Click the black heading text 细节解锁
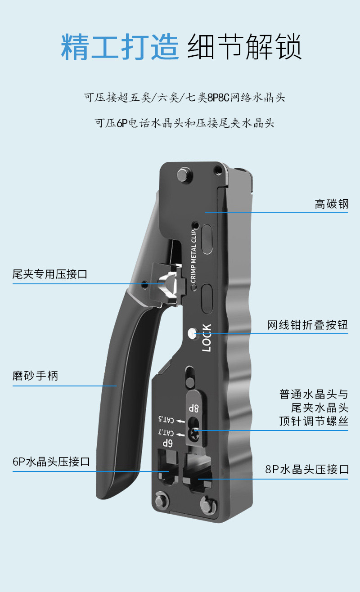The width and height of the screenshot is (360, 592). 243,47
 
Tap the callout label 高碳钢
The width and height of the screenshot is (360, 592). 331,204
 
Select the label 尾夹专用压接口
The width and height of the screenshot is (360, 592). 49,274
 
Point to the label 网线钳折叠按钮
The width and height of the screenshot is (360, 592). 307,325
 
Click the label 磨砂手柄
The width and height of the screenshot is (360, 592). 35,376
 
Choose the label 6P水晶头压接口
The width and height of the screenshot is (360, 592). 51,462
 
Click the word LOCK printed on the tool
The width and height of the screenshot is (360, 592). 206,338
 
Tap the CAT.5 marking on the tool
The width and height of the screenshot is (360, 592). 166,420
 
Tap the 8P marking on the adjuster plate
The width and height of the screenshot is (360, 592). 194,408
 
